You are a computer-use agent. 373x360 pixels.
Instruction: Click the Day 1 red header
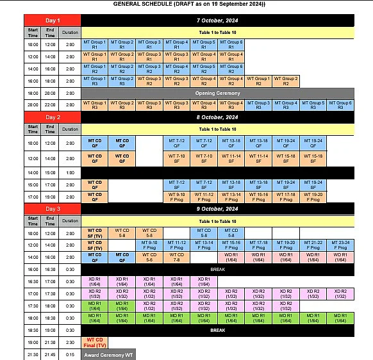(x=53, y=20)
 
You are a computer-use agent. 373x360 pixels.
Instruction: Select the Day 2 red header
(x=53, y=117)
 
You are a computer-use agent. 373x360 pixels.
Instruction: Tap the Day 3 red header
(x=53, y=209)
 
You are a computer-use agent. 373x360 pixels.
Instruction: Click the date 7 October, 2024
(x=217, y=20)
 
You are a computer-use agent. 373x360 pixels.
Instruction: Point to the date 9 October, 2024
(x=217, y=209)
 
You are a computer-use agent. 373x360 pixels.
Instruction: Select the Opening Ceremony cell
(x=217, y=93)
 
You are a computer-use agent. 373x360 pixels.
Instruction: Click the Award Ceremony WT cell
(x=108, y=354)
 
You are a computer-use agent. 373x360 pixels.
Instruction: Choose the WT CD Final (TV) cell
(x=95, y=342)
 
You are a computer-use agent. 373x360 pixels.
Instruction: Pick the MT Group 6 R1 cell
(x=232, y=45)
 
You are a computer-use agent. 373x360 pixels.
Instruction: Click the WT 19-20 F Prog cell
(x=313, y=197)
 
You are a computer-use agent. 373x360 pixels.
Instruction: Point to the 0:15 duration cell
(x=70, y=354)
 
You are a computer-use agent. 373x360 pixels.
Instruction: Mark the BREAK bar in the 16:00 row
(x=217, y=270)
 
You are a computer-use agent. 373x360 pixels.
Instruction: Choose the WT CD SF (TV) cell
(x=95, y=233)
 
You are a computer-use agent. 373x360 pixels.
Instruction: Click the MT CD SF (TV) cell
(x=95, y=244)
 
